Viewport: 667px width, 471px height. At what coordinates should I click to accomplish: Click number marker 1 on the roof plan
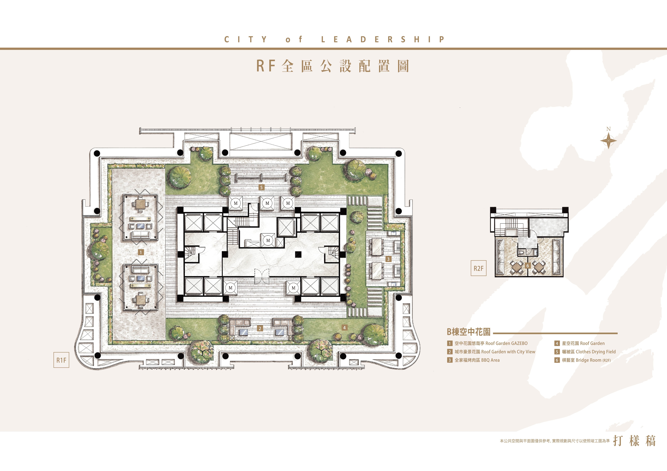pyautogui.click(x=141, y=252)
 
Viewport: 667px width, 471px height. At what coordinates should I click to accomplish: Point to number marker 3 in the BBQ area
pyautogui.click(x=388, y=259)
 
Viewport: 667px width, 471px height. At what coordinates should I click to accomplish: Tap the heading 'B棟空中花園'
pyautogui.click(x=469, y=332)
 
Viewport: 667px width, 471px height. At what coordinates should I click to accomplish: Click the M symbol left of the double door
pyautogui.click(x=231, y=288)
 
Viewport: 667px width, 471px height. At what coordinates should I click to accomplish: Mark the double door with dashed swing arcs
pyautogui.click(x=262, y=276)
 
